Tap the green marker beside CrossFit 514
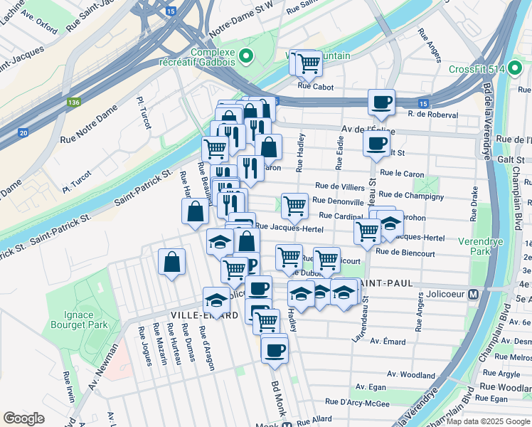pos(437,70)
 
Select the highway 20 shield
pos(23,132)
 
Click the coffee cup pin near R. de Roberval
pos(381,102)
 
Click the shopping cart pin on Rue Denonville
pos(294,206)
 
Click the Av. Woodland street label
pos(411,375)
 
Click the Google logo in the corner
pos(23,418)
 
